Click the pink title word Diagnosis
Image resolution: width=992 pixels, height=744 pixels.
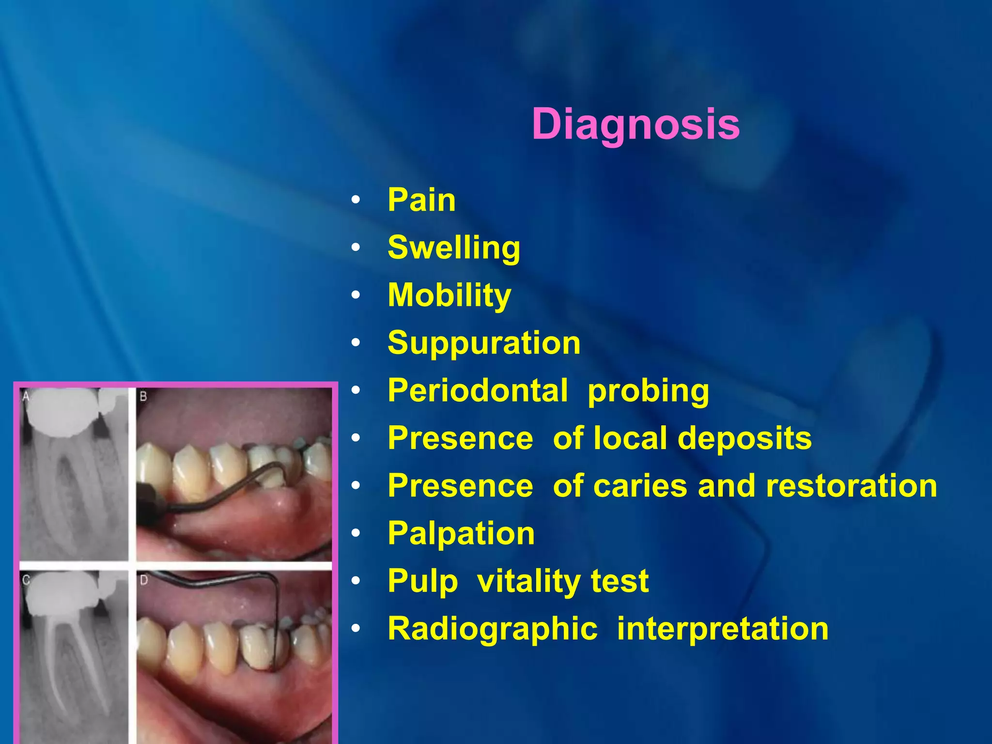635,124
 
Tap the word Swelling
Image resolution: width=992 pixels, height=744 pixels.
454,248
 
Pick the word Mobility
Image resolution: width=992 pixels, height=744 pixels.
449,295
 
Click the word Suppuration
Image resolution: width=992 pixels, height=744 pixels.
484,343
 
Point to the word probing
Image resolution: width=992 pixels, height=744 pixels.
648,391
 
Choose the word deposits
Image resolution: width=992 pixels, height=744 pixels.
744,438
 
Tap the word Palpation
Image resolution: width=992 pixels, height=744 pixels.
461,533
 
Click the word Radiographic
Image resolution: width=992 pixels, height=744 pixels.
493,628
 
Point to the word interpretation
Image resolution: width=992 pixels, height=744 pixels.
723,628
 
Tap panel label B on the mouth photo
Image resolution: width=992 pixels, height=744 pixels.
143,397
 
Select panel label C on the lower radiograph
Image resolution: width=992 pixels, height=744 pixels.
26,580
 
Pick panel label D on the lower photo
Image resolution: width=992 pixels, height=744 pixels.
144,580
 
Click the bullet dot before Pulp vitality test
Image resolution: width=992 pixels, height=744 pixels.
356,581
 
